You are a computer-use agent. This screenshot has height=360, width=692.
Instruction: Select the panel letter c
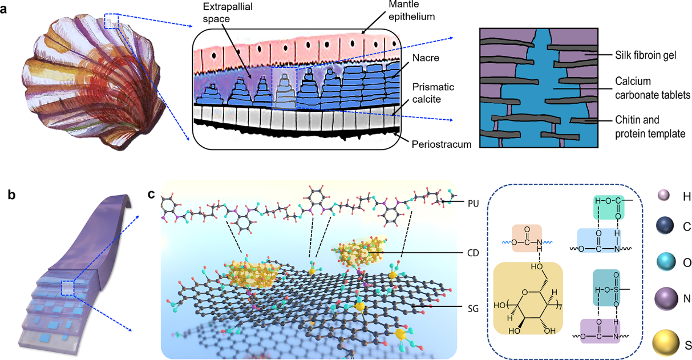[x=151, y=195]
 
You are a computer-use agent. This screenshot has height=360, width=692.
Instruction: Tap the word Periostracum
[x=440, y=144]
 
